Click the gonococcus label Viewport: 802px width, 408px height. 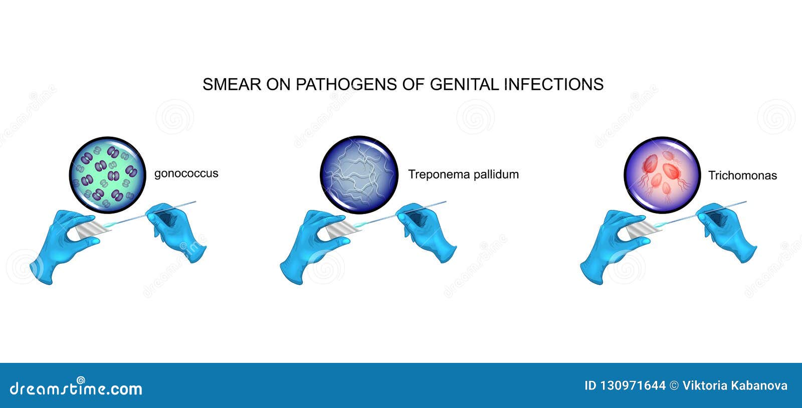pyautogui.click(x=186, y=173)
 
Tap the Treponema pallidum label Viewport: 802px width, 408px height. pyautogui.click(x=463, y=174)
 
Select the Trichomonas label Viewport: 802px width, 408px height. pyautogui.click(x=742, y=175)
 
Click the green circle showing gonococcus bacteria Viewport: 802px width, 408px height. pyautogui.click(x=107, y=175)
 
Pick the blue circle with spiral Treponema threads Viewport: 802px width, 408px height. pyautogui.click(x=359, y=175)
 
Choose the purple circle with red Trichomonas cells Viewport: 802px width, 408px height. pyautogui.click(x=662, y=175)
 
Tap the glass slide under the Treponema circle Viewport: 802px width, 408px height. pyautogui.click(x=343, y=230)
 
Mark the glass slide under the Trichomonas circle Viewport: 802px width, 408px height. pyautogui.click(x=643, y=230)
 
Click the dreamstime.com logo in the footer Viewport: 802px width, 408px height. pyautogui.click(x=76, y=387)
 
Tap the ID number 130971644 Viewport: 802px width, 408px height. pyautogui.click(x=625, y=386)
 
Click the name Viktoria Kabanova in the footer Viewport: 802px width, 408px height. pyautogui.click(x=735, y=386)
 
